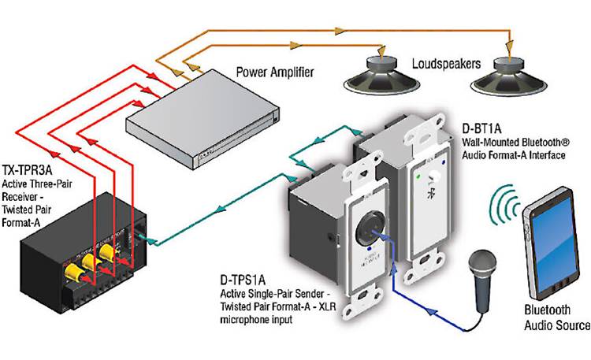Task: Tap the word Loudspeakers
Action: [x=445, y=62]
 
